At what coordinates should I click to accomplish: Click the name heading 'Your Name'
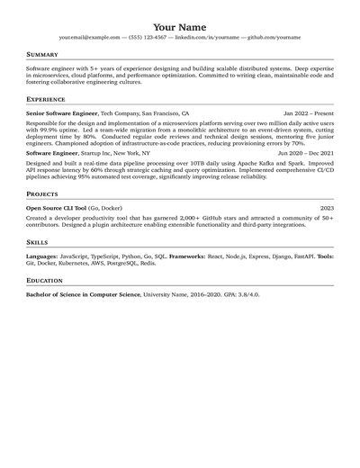180,27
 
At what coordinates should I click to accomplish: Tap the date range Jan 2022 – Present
308,114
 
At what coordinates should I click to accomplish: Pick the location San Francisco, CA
166,114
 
